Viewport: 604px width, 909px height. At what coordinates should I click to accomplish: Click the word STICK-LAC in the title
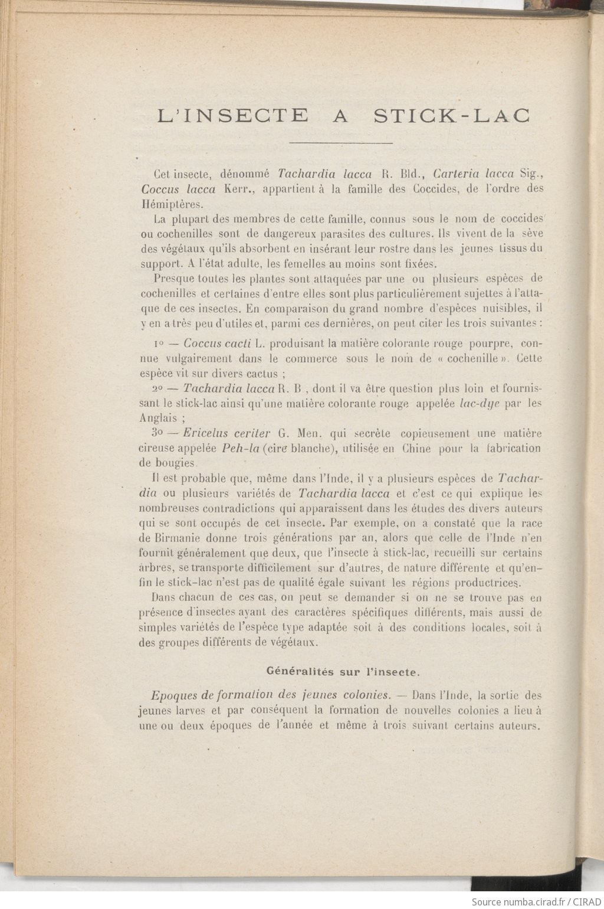(x=451, y=115)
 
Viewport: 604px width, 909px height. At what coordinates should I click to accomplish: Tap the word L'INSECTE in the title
(x=233, y=115)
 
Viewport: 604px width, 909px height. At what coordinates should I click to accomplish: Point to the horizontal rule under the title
(x=342, y=143)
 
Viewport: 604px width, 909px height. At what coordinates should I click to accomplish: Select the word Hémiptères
(x=171, y=205)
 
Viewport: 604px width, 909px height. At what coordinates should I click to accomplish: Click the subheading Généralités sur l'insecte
(x=343, y=671)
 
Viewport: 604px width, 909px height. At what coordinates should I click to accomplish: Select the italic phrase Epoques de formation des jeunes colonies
(x=271, y=695)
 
